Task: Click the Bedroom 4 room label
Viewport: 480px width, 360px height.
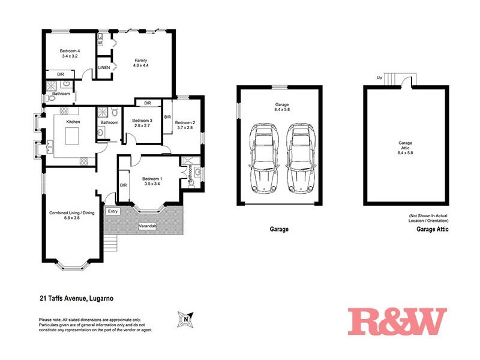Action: pos(70,51)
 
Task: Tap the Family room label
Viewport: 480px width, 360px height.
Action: pos(140,61)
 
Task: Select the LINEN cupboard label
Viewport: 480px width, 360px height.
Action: pos(103,67)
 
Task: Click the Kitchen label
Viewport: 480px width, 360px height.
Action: pos(73,122)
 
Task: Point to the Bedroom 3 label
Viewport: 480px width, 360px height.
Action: pos(143,121)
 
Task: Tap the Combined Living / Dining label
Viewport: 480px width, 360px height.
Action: pos(72,213)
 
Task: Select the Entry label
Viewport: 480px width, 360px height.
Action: pos(112,211)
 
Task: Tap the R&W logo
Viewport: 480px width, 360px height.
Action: pos(397,321)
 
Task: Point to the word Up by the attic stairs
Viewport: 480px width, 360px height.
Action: pos(379,77)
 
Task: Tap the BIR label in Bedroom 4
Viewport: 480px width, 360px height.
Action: pos(61,74)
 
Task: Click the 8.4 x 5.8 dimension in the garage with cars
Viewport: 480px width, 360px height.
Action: pos(279,109)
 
